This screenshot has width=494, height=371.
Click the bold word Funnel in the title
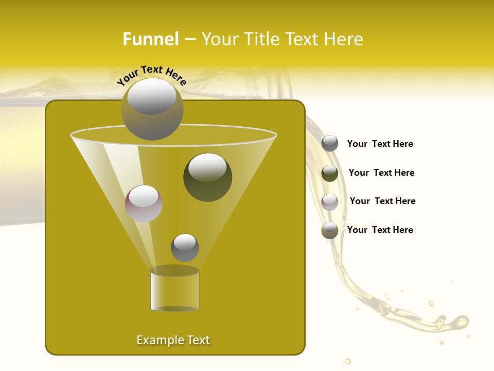(x=150, y=39)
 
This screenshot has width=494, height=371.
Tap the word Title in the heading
(x=261, y=39)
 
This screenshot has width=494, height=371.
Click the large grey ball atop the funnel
(x=152, y=109)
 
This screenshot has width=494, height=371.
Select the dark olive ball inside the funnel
(x=207, y=177)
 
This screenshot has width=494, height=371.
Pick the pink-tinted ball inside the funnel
(x=144, y=204)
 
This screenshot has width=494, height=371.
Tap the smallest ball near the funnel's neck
(x=185, y=247)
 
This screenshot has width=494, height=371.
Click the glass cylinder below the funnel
(x=174, y=290)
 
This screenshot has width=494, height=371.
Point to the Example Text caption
(x=173, y=340)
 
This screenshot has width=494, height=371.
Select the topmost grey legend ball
(x=330, y=144)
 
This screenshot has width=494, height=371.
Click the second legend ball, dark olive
(x=330, y=173)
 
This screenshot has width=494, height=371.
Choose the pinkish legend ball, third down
(x=330, y=202)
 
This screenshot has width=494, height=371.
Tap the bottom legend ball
(x=330, y=231)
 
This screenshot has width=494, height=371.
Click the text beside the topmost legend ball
(x=380, y=144)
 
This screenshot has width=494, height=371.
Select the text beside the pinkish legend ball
(x=382, y=201)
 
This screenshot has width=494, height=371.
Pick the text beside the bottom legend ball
(x=380, y=230)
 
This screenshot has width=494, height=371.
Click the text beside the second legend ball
(x=381, y=173)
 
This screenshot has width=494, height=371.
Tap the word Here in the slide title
(x=344, y=39)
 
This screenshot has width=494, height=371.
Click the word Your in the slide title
(x=220, y=39)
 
